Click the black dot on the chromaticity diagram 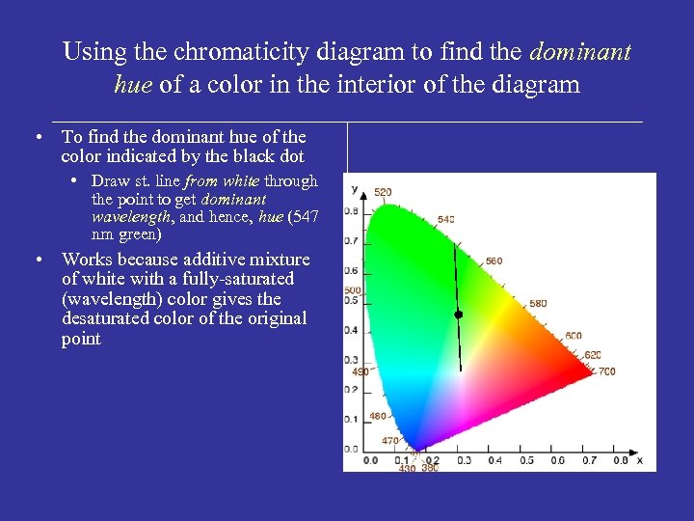[x=459, y=315]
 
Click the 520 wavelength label [x=383, y=193]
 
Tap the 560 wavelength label [x=494, y=260]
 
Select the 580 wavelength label [x=538, y=304]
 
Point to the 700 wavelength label [x=606, y=371]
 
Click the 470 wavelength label [x=388, y=440]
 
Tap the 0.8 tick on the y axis [x=352, y=211]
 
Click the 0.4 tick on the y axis [x=352, y=330]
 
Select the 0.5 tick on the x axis [x=526, y=461]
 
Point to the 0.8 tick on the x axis [x=620, y=461]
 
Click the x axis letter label [x=639, y=460]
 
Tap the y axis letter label [x=354, y=188]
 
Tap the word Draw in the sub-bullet [x=111, y=181]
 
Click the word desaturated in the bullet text [x=110, y=318]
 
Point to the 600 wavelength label [x=574, y=336]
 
